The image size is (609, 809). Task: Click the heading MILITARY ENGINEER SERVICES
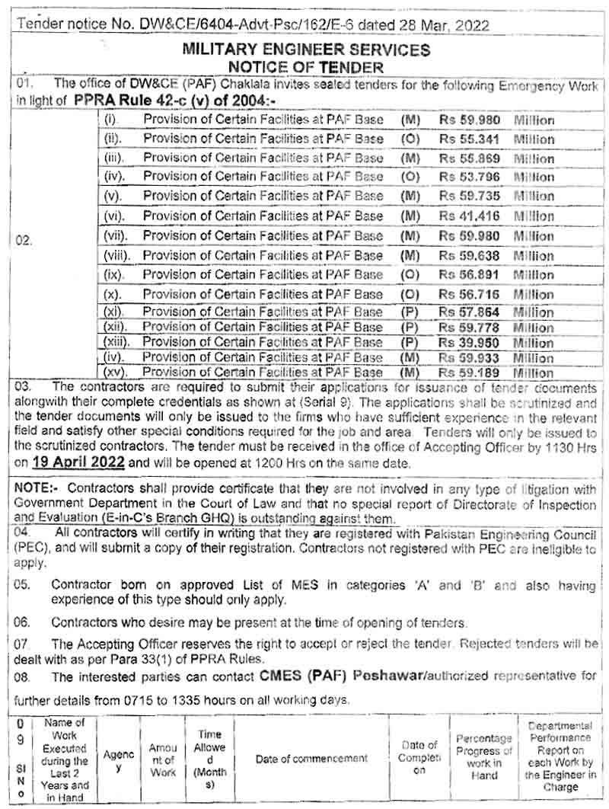click(x=305, y=50)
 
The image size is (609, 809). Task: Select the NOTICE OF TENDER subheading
click(x=305, y=67)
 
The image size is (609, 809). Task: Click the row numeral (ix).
click(x=113, y=274)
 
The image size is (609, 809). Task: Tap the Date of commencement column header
click(x=311, y=759)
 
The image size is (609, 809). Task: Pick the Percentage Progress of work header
click(x=484, y=758)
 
